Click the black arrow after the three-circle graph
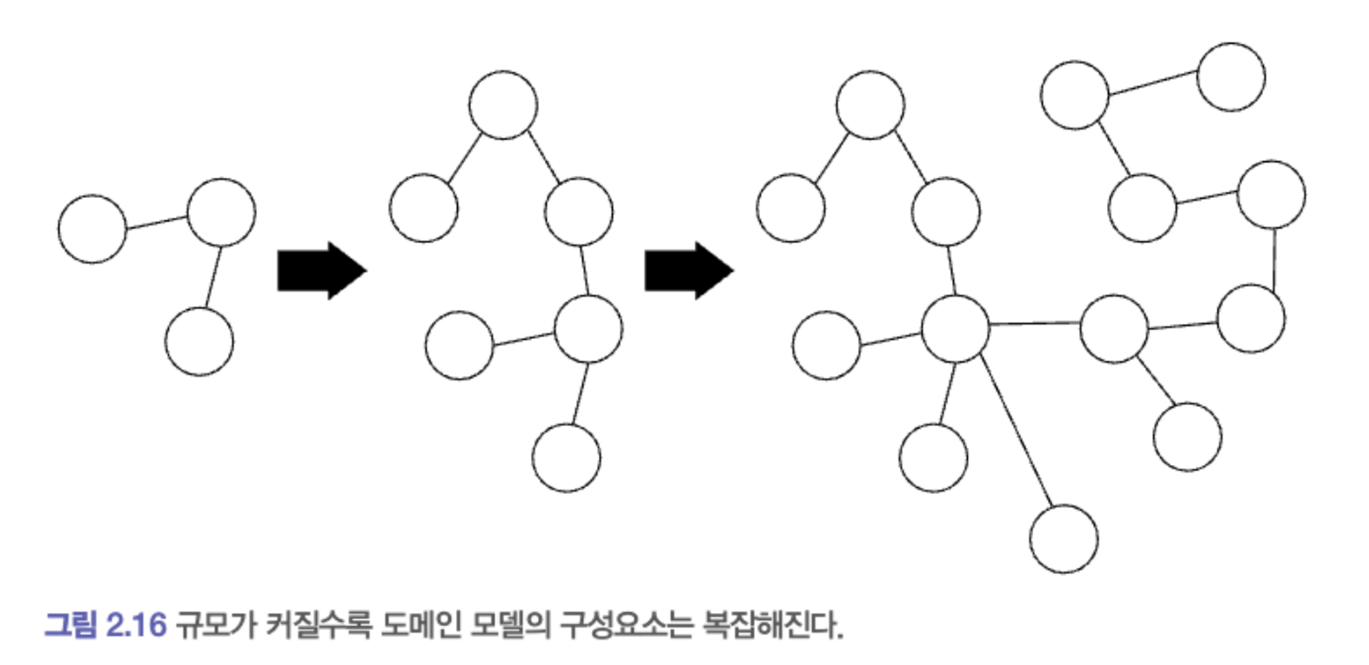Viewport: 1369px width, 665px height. (320, 271)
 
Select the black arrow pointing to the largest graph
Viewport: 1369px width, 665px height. (687, 271)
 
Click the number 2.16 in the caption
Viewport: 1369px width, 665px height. (137, 624)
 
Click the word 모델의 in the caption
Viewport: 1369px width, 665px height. (510, 624)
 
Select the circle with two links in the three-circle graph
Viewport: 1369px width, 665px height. (221, 212)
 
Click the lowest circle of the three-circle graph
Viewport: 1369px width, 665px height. (199, 341)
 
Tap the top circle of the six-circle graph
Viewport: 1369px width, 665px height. (503, 105)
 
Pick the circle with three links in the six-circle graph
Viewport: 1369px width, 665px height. (588, 329)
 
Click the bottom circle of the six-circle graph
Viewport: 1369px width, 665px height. (566, 457)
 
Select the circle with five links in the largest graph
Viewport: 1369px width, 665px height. (956, 329)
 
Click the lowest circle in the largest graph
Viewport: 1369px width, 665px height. (1064, 539)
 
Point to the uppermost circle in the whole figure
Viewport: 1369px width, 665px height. (1231, 77)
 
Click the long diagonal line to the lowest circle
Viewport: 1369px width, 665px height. (1016, 431)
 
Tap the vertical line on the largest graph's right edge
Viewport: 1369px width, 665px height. (1274, 258)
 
